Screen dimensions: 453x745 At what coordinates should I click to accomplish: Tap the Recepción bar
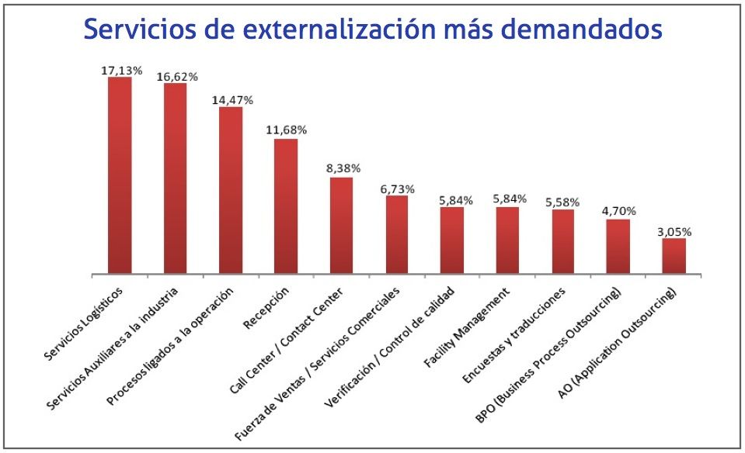286,206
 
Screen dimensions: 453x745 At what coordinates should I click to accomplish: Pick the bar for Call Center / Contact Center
341,226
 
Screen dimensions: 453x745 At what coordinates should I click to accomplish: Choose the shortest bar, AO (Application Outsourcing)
674,256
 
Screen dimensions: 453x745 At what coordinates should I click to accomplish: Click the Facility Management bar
507,240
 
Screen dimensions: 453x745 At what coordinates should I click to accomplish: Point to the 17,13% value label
121,71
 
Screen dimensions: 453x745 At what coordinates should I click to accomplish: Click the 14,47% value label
232,100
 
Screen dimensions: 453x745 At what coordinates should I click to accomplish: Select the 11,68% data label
286,130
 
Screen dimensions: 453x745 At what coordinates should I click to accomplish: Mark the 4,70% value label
619,210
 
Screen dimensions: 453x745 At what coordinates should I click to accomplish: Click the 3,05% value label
674,231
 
